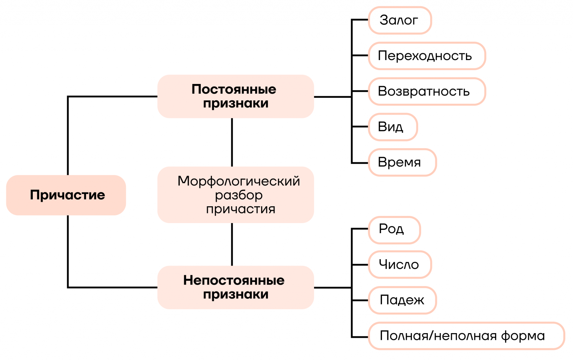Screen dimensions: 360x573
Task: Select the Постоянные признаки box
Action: point(235,96)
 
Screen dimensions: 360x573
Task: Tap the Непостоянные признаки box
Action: point(235,287)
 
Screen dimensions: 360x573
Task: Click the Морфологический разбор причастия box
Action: point(235,195)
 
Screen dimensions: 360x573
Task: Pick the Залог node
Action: point(400,20)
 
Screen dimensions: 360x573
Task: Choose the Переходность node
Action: point(426,56)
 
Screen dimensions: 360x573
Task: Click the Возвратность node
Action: point(426,91)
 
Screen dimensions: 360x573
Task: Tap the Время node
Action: point(402,162)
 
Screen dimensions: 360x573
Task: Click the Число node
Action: point(400,264)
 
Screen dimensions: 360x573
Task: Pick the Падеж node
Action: point(402,300)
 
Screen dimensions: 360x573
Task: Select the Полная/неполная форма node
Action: point(466,336)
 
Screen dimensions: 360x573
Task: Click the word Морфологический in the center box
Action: point(239,181)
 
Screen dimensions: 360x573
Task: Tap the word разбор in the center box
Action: point(239,195)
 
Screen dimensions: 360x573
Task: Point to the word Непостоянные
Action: point(234,281)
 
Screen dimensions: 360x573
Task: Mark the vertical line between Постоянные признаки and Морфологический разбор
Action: point(232,143)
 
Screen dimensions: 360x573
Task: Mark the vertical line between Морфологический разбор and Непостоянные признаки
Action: point(232,244)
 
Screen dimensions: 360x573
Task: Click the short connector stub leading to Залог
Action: point(360,20)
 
